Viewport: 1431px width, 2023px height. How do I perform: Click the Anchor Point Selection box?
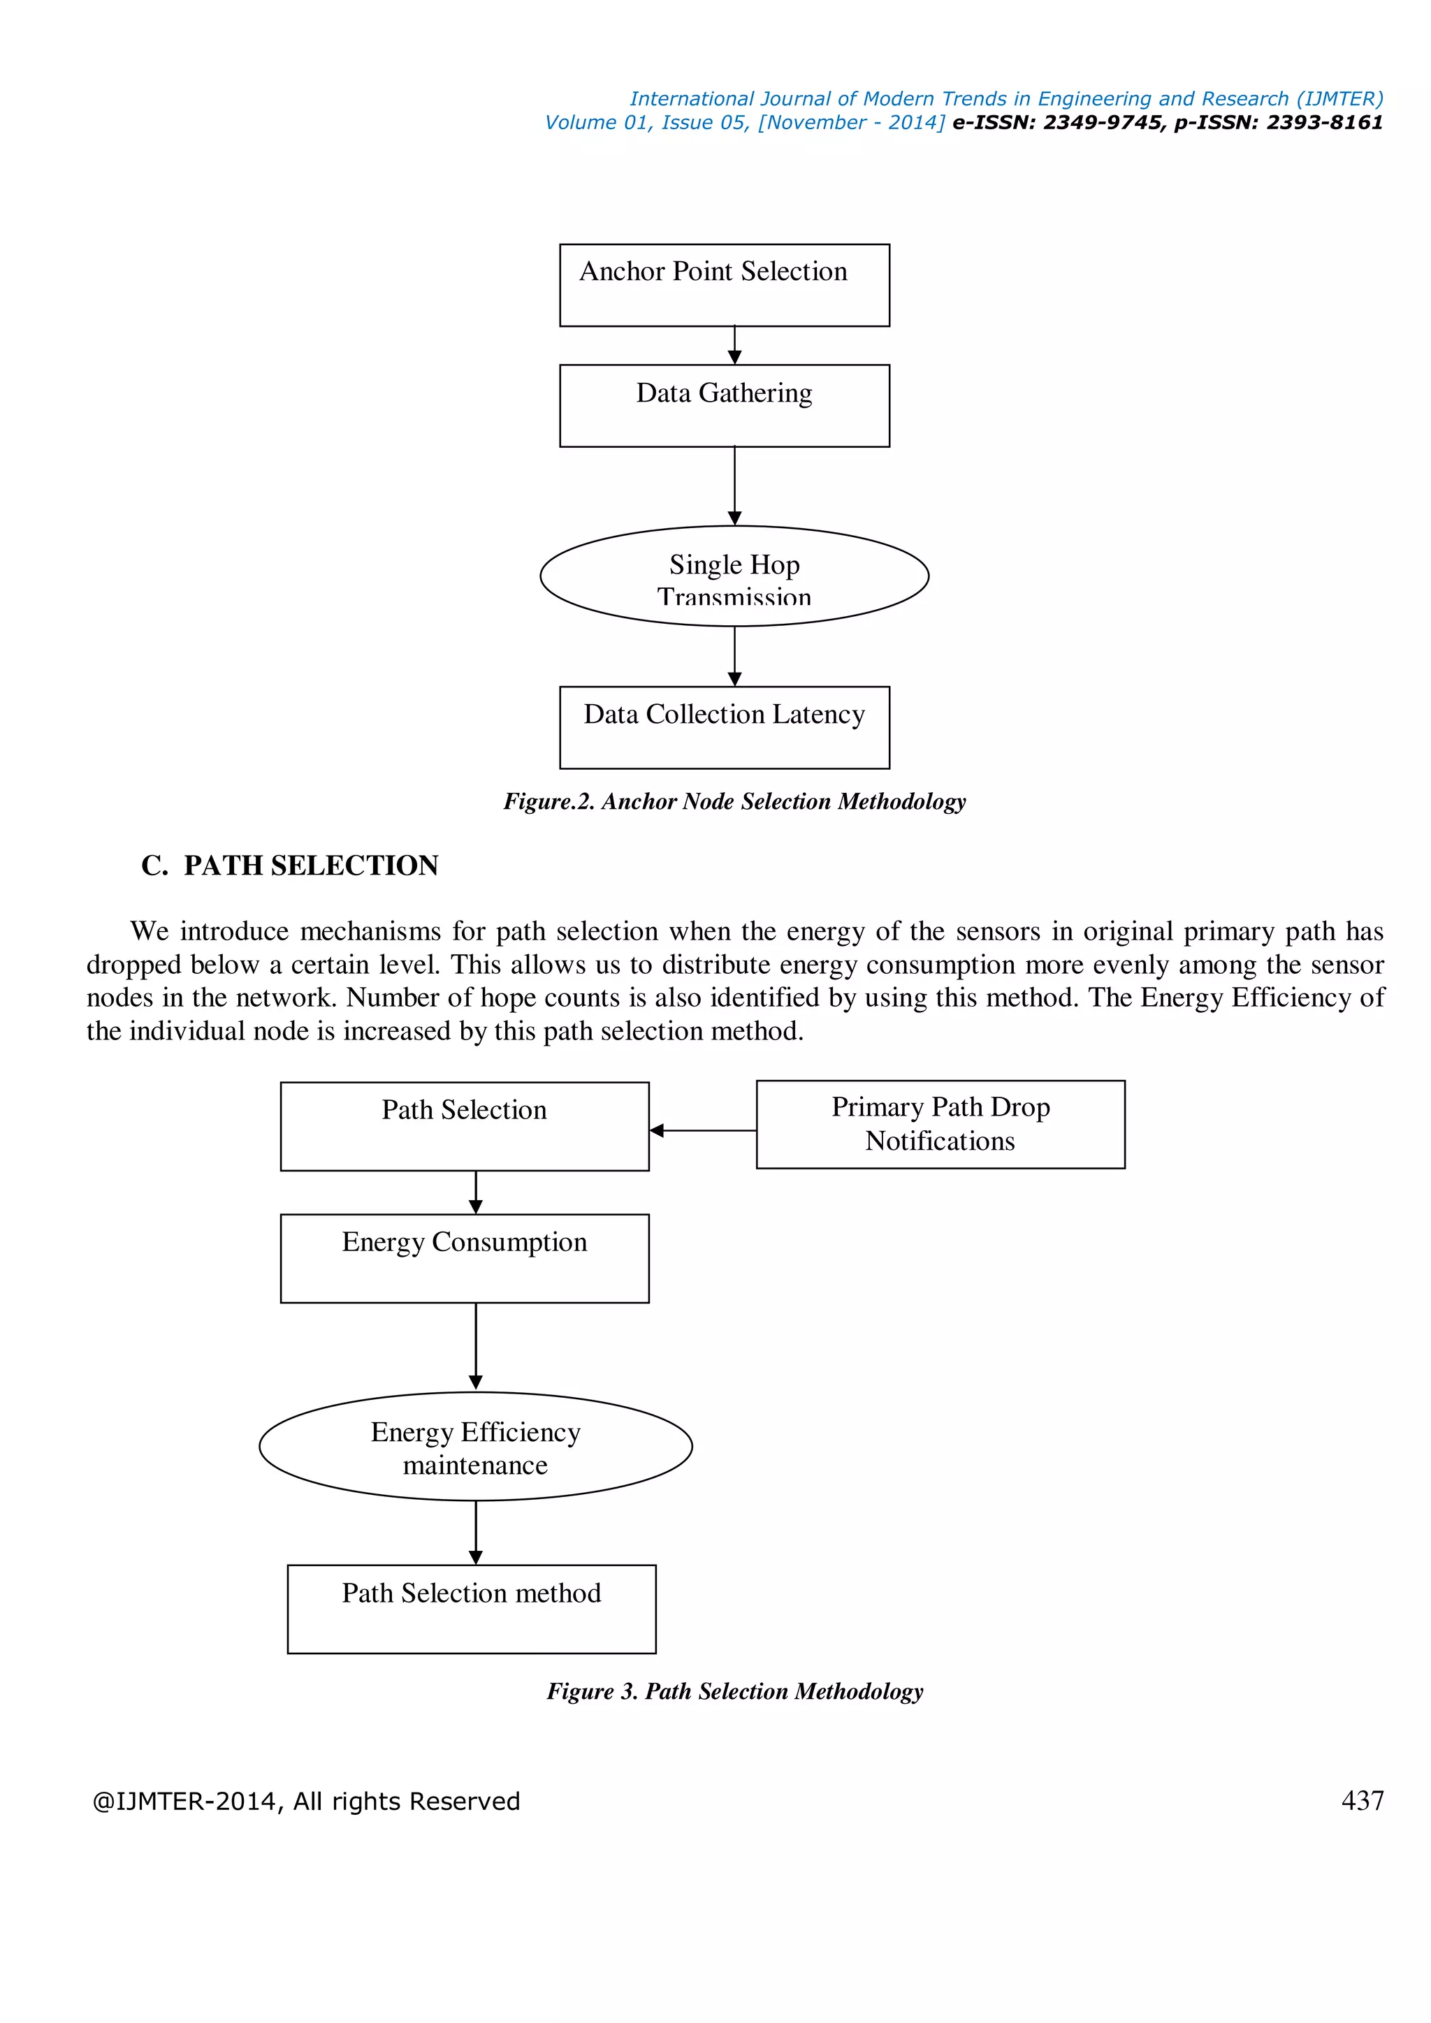(725, 286)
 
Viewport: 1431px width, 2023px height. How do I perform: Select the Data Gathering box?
(725, 406)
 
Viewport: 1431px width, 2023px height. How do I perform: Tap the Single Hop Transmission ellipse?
(734, 576)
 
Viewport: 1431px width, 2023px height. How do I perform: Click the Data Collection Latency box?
(725, 727)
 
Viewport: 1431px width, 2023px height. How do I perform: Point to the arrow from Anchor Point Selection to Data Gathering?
(734, 345)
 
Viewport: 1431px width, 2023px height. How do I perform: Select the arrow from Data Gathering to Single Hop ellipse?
(734, 485)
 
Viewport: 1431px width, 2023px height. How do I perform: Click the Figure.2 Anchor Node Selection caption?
(734, 801)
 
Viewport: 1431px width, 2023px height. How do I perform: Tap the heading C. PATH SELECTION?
(290, 866)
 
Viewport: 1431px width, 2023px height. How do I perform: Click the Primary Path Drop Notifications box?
(940, 1124)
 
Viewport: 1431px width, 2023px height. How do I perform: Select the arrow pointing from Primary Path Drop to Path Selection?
(702, 1130)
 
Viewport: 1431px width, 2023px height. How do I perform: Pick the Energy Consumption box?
(465, 1258)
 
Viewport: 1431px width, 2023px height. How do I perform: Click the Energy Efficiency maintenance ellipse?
(475, 1447)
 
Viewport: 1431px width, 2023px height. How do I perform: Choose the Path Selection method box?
(472, 1609)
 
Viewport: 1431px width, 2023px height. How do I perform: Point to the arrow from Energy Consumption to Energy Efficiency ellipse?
(476, 1345)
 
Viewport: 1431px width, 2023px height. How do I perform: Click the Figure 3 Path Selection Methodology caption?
(734, 1690)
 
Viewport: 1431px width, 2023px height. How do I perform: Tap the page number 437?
(1361, 1801)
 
